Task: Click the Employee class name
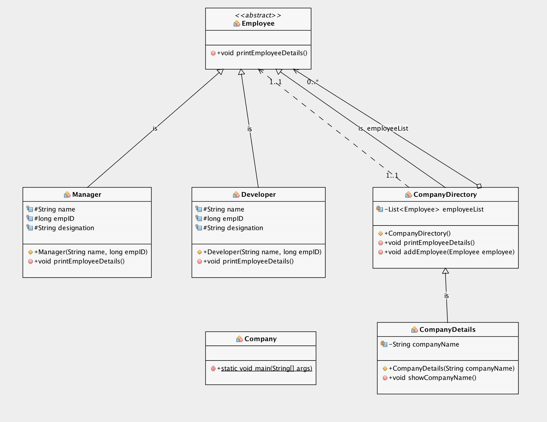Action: [x=258, y=24]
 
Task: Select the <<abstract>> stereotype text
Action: [x=258, y=15]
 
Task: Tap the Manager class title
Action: [x=86, y=194]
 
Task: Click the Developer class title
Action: [x=258, y=194]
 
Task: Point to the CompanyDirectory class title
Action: [x=445, y=194]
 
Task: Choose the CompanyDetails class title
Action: [x=447, y=330]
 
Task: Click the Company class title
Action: [x=260, y=339]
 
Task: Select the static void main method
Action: [x=266, y=368]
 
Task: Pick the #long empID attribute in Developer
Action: [x=223, y=219]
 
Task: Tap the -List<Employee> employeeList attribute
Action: [x=433, y=209]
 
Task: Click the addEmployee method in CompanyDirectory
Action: [x=449, y=252]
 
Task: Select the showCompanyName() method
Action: [x=432, y=378]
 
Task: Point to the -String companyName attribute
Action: [x=424, y=344]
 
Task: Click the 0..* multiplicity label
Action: [x=312, y=82]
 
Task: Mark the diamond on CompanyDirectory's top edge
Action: [x=479, y=186]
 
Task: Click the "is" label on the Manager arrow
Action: [x=155, y=129]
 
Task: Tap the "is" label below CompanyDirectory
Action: [x=446, y=296]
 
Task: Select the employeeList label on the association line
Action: [x=387, y=128]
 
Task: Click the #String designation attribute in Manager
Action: [x=64, y=228]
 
